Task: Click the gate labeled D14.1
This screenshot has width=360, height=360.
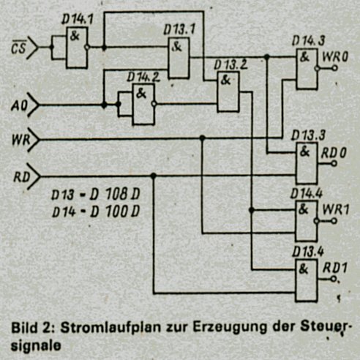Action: pyautogui.click(x=77, y=48)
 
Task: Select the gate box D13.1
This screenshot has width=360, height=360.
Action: pyautogui.click(x=179, y=58)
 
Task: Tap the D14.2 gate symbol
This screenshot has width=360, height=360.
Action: pyautogui.click(x=143, y=104)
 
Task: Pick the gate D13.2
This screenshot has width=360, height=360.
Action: pyautogui.click(x=228, y=91)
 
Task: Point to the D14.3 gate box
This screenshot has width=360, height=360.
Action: pyautogui.click(x=307, y=69)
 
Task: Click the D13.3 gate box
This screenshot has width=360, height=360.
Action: pyautogui.click(x=307, y=163)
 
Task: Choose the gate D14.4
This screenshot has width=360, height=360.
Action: pyautogui.click(x=306, y=221)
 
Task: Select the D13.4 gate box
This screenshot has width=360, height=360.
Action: pyautogui.click(x=306, y=280)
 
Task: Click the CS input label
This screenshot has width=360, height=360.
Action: pyautogui.click(x=18, y=48)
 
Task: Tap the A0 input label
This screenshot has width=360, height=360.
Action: pyautogui.click(x=19, y=105)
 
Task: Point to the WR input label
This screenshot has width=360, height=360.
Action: pyautogui.click(x=20, y=140)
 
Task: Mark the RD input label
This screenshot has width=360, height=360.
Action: pyautogui.click(x=21, y=177)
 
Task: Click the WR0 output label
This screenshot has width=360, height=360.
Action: pyautogui.click(x=334, y=57)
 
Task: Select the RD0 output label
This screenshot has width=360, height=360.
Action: pyautogui.click(x=334, y=153)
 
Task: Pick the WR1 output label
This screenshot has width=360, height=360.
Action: pyautogui.click(x=336, y=209)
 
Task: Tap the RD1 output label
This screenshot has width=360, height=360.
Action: pyautogui.click(x=334, y=269)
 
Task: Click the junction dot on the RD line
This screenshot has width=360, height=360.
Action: pyautogui.click(x=153, y=176)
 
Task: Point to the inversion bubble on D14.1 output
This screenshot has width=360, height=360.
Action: pyautogui.click(x=87, y=47)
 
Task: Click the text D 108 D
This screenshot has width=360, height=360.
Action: pyautogui.click(x=115, y=195)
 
